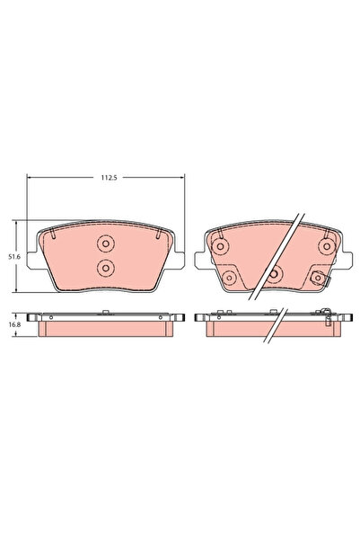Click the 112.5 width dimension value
click(107, 177)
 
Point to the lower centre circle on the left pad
click(106, 267)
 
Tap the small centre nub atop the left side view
click(106, 313)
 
